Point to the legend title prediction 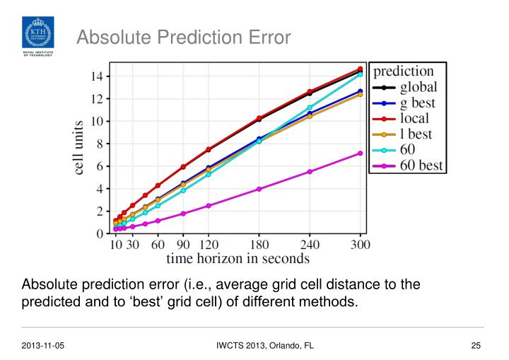click(x=403, y=71)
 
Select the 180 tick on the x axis click(x=259, y=244)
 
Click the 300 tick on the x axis click(x=360, y=244)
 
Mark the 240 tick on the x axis click(x=310, y=244)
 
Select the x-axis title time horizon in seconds click(x=238, y=258)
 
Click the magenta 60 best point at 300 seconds click(x=360, y=153)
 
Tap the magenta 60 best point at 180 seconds click(x=259, y=189)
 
